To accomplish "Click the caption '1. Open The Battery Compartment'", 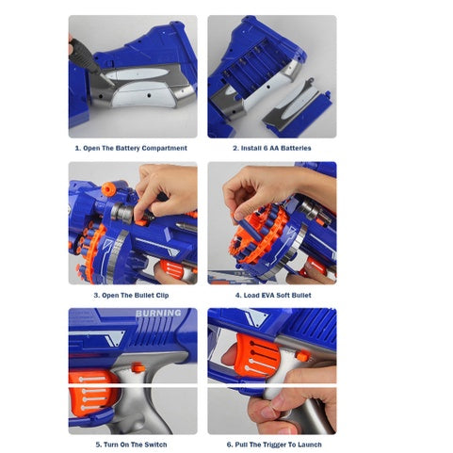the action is tap(131, 148).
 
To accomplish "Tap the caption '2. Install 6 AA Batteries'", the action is tap(272, 148).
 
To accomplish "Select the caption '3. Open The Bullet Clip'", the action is tap(131, 296).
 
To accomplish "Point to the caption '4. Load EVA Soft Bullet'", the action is tap(273, 296).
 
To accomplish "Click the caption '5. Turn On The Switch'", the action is tap(131, 445).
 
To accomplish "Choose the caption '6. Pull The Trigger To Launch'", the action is tap(274, 445).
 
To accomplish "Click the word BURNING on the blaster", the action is tap(158, 313).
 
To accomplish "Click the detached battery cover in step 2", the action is tap(296, 106).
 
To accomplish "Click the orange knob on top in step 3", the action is tap(108, 188).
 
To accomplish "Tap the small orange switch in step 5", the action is tap(138, 367).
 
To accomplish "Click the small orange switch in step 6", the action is tap(303, 356).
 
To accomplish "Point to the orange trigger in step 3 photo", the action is tap(172, 268).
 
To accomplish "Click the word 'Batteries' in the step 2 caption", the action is tap(295, 148).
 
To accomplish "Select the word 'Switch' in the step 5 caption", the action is tap(155, 445).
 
